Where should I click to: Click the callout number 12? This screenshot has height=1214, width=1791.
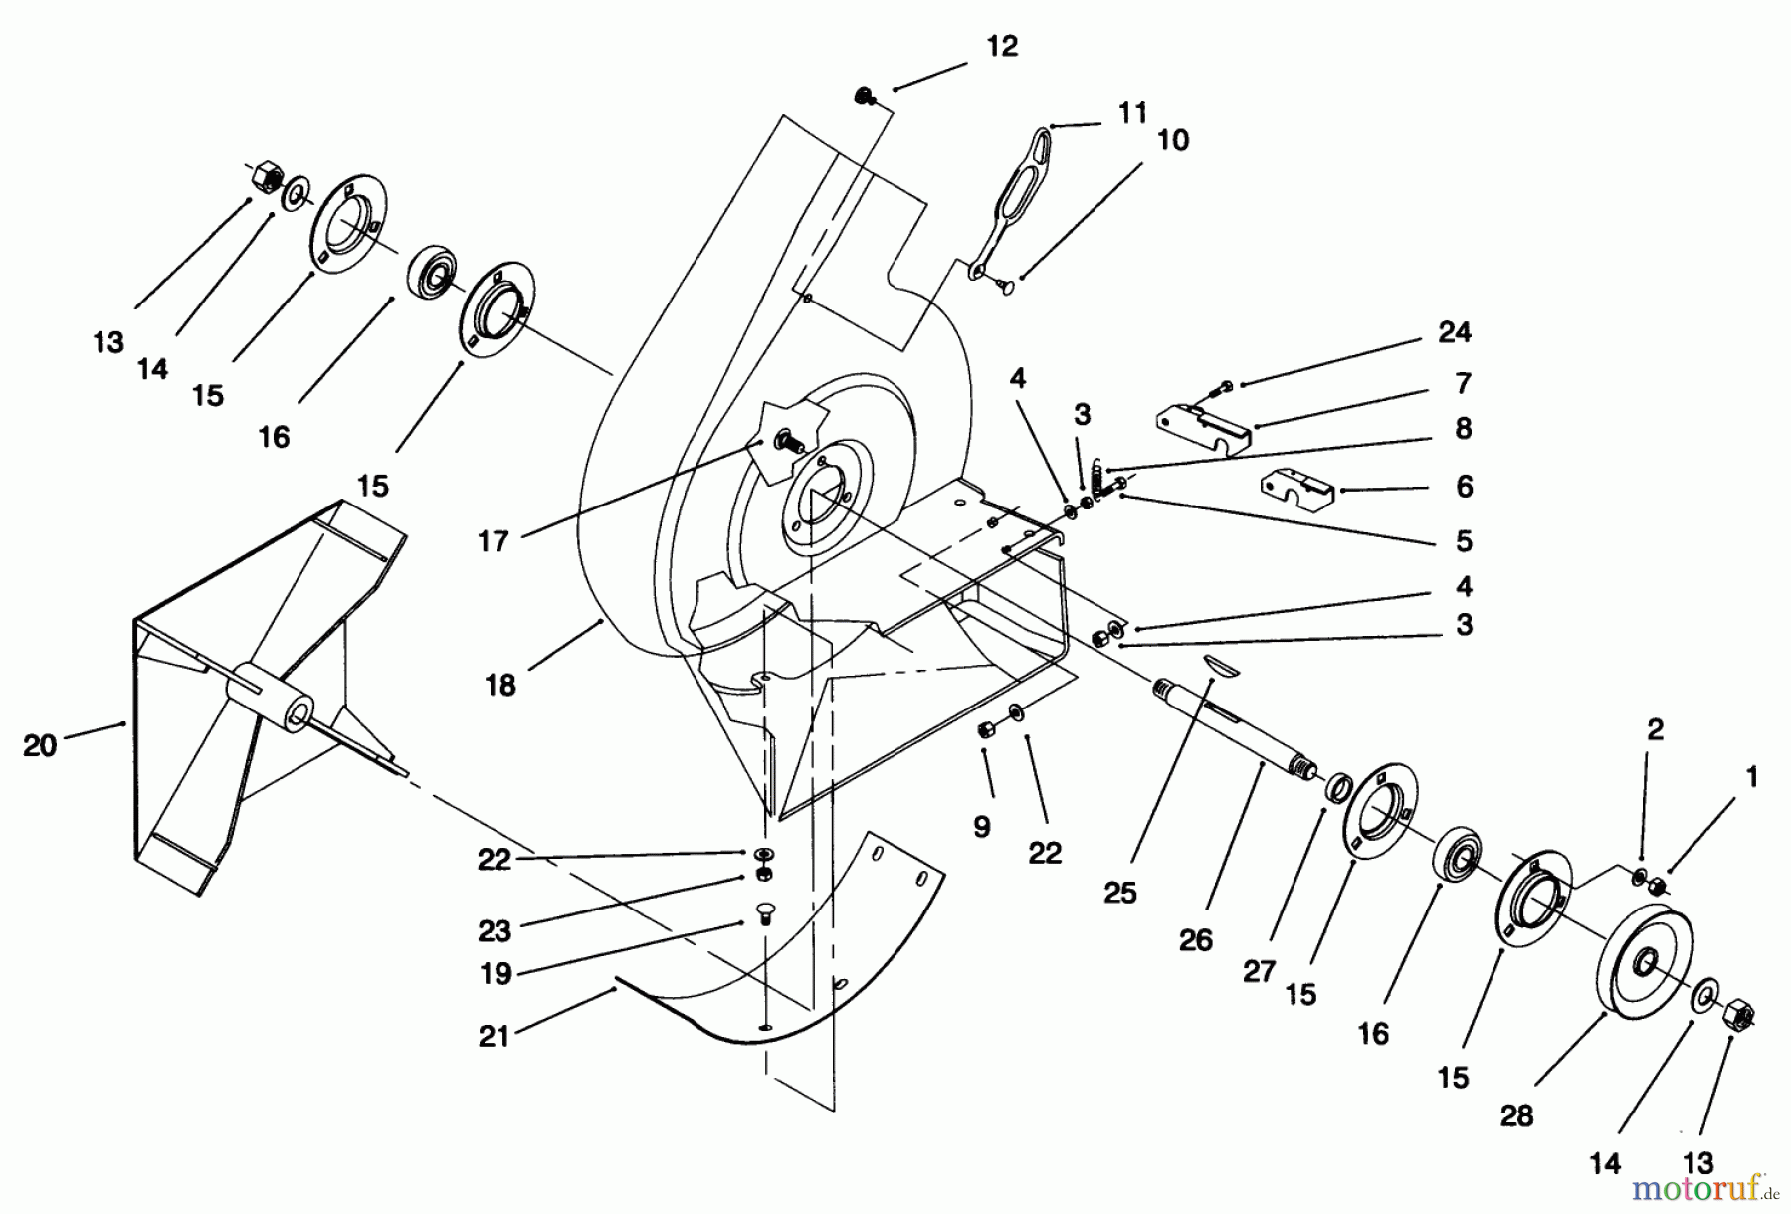(1002, 47)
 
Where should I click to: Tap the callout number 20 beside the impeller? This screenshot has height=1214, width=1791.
(40, 745)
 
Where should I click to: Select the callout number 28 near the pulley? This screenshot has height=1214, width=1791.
(1516, 1115)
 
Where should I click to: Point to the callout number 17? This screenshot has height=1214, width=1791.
(494, 541)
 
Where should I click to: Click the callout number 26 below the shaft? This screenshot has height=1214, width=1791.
(1196, 939)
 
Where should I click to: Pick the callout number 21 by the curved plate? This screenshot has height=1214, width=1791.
(494, 1036)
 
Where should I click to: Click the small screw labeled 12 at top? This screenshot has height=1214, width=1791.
(863, 97)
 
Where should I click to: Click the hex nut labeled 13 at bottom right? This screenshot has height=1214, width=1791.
(1738, 1014)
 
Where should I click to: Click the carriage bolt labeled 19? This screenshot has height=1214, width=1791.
(765, 912)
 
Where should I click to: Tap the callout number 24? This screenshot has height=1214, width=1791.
(1454, 332)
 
